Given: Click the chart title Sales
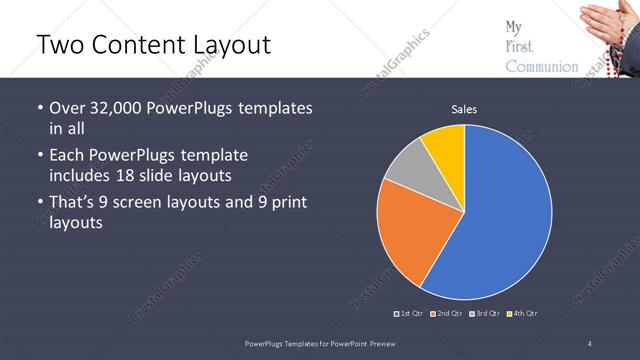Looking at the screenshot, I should [x=464, y=109].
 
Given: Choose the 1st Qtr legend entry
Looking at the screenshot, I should [x=410, y=314].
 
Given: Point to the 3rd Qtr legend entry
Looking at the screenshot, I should [x=485, y=314].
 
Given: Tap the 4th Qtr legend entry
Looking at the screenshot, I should [x=523, y=314].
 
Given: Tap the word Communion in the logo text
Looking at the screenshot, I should [x=541, y=67].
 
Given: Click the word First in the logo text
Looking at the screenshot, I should [x=519, y=46].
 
